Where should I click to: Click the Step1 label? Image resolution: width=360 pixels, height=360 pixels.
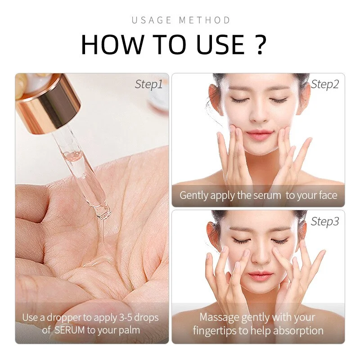(x=148, y=84)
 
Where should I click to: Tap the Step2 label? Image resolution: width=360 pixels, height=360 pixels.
(x=325, y=84)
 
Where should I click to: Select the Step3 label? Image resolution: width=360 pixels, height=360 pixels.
(x=325, y=221)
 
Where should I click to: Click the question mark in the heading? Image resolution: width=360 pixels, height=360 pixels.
(x=261, y=44)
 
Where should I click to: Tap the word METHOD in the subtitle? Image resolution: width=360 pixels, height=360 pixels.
(x=205, y=20)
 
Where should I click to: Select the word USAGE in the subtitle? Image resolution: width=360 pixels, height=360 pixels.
(x=152, y=20)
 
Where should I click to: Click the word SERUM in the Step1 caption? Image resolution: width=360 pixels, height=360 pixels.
(x=70, y=330)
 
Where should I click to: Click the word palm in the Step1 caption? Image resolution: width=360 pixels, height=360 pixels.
(x=128, y=330)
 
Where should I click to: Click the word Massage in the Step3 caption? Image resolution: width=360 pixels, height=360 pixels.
(x=218, y=317)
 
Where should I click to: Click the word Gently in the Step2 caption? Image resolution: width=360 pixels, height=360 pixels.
(x=194, y=195)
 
